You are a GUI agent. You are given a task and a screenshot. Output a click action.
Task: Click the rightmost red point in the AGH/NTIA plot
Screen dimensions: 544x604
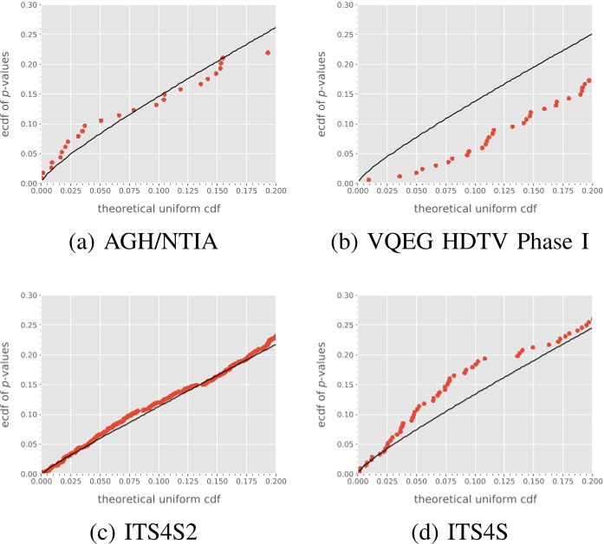pyautogui.click(x=268, y=53)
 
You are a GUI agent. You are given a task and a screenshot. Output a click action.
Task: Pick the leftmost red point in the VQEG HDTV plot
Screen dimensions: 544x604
pyautogui.click(x=368, y=179)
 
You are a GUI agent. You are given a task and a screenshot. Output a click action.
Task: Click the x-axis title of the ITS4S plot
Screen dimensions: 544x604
pyautogui.click(x=475, y=499)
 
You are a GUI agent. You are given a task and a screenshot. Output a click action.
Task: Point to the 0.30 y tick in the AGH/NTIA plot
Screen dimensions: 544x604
pyautogui.click(x=30, y=5)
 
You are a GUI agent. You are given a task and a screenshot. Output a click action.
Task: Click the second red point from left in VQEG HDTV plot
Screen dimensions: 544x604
pyautogui.click(x=399, y=176)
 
